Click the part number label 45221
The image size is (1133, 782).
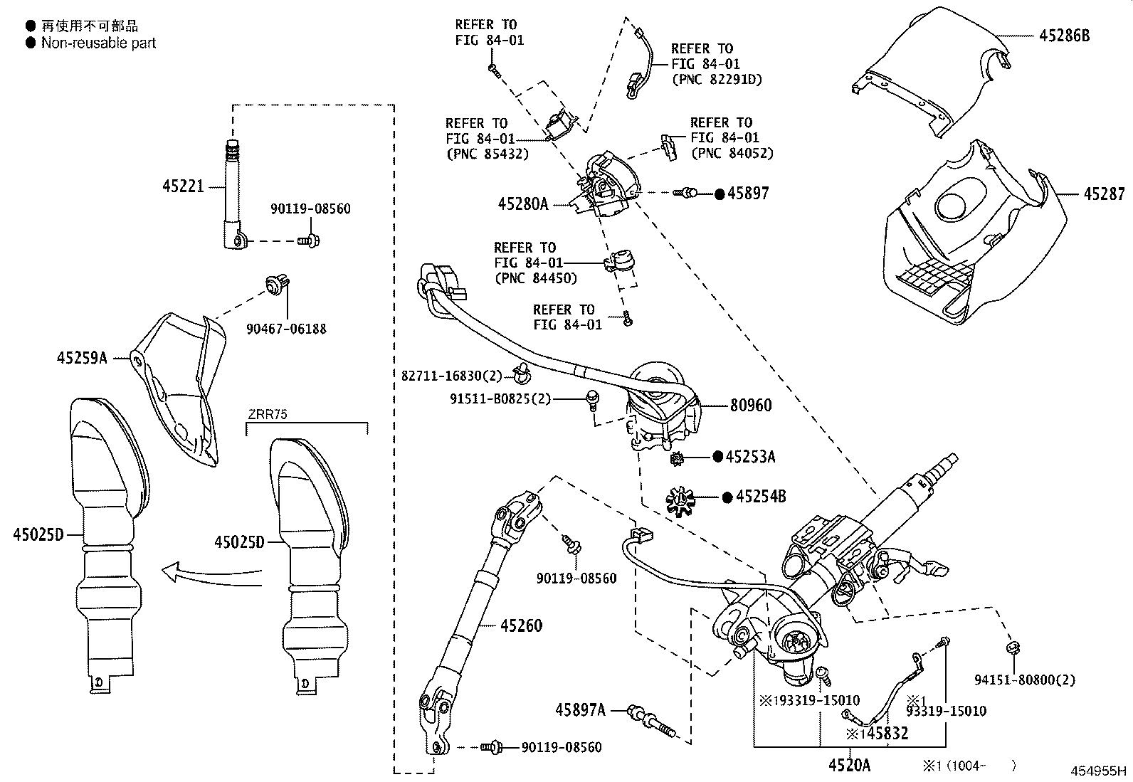tap(183, 186)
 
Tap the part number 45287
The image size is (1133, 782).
tap(1105, 194)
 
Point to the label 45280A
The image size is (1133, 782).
tap(523, 205)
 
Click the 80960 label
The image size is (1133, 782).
tap(751, 405)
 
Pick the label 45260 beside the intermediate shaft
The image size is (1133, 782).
tap(521, 625)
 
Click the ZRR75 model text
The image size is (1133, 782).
tap(268, 414)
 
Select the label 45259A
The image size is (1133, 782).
tap(82, 358)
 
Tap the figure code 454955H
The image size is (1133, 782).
tap(1100, 771)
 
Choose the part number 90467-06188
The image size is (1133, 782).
tap(286, 329)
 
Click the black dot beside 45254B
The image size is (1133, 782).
tap(727, 497)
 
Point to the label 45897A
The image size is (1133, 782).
tap(581, 709)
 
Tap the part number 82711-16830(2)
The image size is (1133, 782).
tap(452, 375)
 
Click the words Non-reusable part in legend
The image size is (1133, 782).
tap(98, 43)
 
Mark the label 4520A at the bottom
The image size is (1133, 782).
tap(849, 765)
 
